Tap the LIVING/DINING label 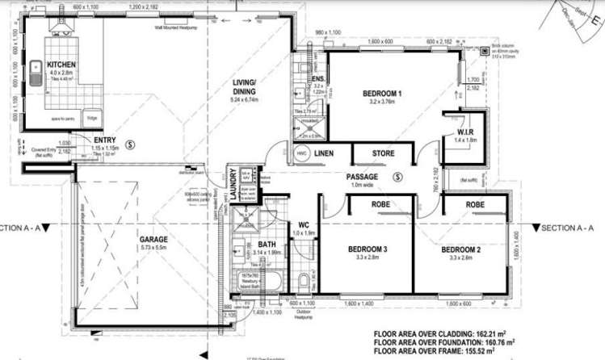tap(244, 87)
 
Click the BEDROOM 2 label tap(460, 250)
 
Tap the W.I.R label tap(463, 132)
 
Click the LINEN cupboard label tap(325, 153)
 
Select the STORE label tap(383, 153)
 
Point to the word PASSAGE tap(363, 175)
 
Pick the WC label tap(304, 224)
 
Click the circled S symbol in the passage tap(397, 176)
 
